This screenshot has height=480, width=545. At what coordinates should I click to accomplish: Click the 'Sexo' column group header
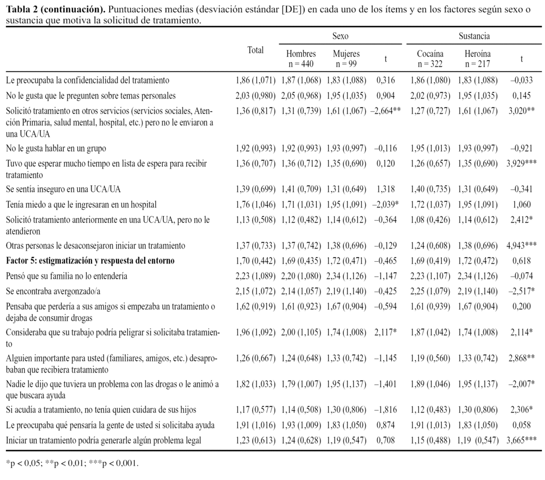[340, 36]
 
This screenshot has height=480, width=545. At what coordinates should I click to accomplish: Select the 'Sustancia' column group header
[474, 36]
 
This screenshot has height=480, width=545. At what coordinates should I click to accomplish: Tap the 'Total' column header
[255, 50]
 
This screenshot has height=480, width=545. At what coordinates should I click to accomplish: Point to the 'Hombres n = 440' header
[301, 59]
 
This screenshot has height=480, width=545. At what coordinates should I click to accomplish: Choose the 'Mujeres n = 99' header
[346, 59]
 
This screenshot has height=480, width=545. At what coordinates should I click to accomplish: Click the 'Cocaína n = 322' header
[431, 59]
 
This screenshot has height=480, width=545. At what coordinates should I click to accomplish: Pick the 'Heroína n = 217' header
[477, 59]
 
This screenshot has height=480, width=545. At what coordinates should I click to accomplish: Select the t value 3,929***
[521, 163]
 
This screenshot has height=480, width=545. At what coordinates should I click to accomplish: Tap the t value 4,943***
[521, 246]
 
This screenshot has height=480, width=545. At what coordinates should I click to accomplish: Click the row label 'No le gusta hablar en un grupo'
[60, 148]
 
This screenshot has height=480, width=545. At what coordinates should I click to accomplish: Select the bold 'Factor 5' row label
[90, 261]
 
